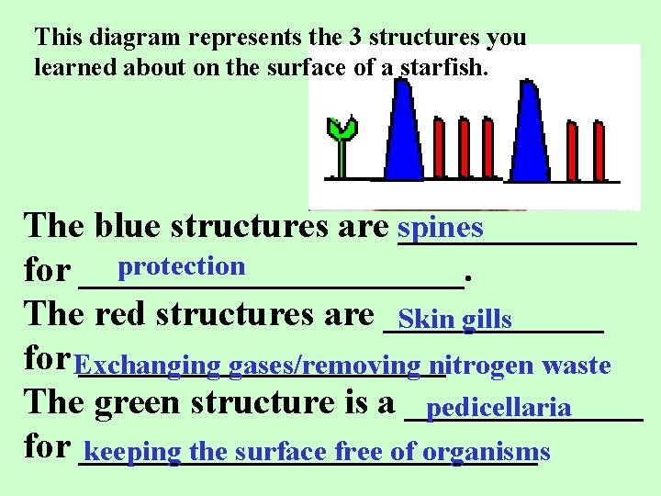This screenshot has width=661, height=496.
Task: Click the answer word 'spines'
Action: [x=442, y=227]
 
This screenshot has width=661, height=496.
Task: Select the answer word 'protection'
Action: [x=182, y=266]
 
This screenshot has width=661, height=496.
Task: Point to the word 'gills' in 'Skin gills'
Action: [x=487, y=320]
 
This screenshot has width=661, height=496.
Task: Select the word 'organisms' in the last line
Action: [x=499, y=452]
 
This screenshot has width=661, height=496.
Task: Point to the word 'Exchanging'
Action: [x=148, y=366]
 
